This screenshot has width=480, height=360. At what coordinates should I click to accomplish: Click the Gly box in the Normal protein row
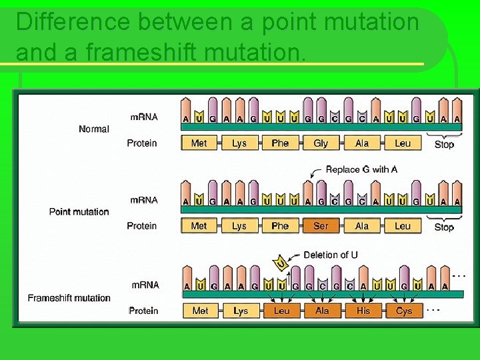321,143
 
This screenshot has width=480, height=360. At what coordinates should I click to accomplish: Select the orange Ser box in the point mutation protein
321,226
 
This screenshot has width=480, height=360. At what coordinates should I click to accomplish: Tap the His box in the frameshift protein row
363,311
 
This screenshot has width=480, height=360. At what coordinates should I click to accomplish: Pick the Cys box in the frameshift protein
404,311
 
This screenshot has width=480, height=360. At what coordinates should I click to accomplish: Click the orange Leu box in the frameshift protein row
282,311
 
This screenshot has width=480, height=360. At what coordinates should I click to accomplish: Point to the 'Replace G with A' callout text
361,169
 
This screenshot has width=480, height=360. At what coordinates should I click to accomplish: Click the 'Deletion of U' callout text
331,255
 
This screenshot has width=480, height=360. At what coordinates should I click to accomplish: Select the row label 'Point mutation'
79,212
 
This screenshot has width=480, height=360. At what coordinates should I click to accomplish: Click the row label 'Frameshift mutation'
69,298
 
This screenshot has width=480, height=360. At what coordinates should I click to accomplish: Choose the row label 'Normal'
93,129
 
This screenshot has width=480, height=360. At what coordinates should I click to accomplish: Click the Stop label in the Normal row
444,144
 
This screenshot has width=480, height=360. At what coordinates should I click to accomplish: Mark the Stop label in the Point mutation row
444,227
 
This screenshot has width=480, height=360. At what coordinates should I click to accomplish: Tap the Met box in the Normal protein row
199,143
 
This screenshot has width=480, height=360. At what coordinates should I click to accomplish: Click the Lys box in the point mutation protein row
239,226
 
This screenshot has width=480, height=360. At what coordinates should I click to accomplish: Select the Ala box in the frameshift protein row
322,311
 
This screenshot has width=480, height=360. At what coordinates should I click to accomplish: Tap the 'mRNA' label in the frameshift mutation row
145,285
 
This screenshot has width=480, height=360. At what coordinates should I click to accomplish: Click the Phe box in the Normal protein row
280,143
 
